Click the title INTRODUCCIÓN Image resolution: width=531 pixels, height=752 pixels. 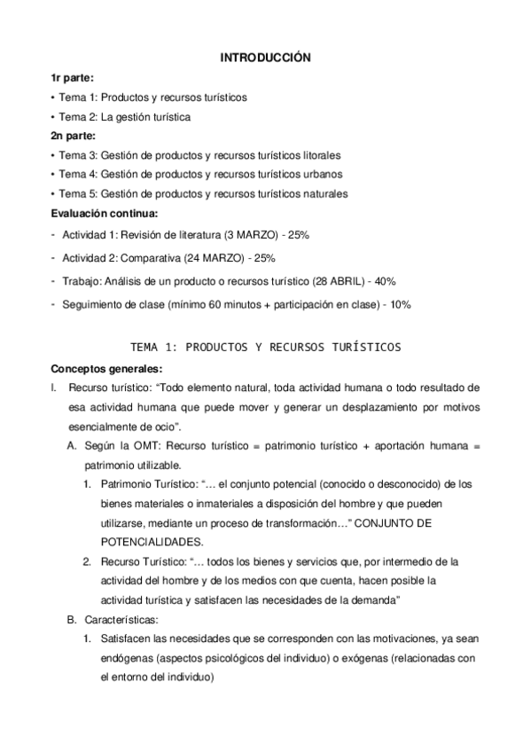[266, 58]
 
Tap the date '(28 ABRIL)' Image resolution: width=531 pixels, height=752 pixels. [340, 281]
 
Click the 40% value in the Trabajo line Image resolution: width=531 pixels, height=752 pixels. [385, 281]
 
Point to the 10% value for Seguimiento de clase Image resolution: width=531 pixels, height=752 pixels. [400, 304]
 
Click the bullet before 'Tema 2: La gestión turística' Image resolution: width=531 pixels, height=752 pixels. [53, 116]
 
